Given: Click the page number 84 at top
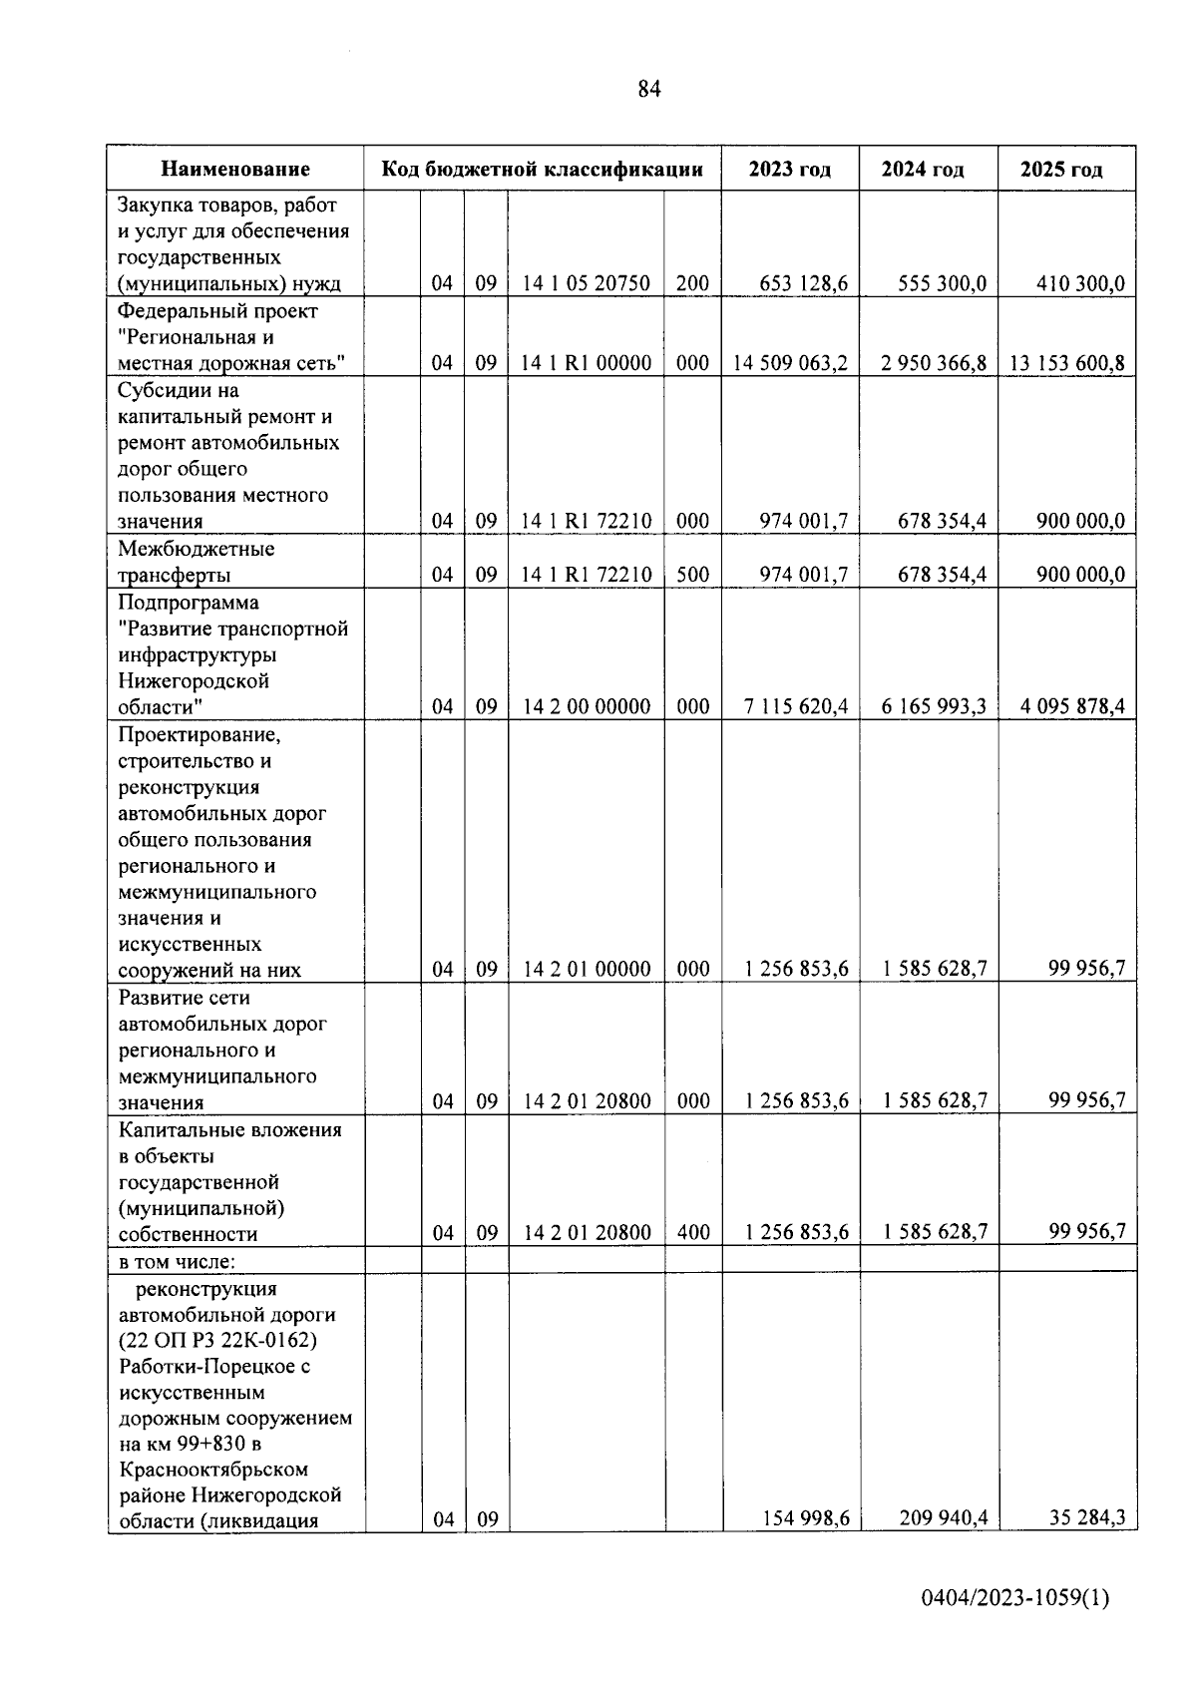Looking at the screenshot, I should pos(648,90).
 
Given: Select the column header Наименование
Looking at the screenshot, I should pos(236,170).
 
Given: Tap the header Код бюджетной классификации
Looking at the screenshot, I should pos(543,170).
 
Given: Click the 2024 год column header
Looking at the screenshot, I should pos(923,170).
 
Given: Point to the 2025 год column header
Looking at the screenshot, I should pos(1061,170).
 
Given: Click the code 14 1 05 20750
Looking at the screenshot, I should pos(587,283).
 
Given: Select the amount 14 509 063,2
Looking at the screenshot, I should pos(790,363).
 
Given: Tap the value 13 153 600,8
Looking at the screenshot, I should pos(1066,363).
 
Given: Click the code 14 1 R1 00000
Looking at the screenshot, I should pos(587,363).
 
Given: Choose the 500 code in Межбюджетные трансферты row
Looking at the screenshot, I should pos(692,575).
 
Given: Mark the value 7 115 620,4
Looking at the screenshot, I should pos(796,706).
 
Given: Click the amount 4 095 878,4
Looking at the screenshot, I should pos(1072,706).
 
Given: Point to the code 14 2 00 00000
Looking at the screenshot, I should pos(587,706).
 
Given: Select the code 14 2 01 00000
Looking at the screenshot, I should pos(587,969).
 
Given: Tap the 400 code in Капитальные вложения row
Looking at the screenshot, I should pos(693,1233).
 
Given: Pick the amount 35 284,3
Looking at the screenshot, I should pos(1087,1518).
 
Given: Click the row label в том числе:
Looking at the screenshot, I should pos(177,1261).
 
